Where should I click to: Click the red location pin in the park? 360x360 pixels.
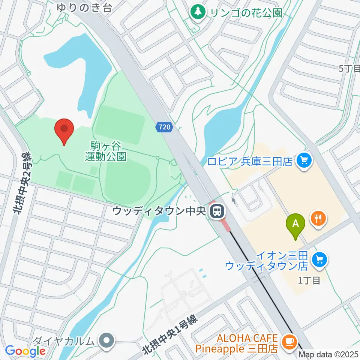64,129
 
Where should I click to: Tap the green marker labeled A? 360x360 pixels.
295,224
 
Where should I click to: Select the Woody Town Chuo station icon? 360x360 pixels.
216,211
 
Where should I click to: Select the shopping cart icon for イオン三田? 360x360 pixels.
319,259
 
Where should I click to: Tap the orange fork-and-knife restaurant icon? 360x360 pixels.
318,218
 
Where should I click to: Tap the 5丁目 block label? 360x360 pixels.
349,68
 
